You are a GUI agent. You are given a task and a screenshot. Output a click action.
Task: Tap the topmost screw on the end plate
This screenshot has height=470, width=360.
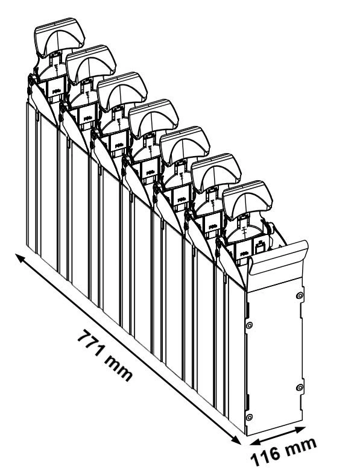click(300, 296)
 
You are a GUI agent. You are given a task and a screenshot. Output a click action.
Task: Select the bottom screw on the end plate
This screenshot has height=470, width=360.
click(249, 417)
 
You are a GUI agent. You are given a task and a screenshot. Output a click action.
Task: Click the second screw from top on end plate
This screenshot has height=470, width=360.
click(249, 325)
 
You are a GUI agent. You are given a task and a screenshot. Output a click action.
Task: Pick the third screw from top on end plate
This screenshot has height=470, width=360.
click(300, 387)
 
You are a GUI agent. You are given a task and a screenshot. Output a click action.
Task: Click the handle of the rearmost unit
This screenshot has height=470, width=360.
click(60, 37)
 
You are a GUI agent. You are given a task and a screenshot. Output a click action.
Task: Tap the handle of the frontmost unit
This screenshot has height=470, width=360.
click(247, 200)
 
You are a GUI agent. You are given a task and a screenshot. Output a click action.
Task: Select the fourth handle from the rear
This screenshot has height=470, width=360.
click(153, 118)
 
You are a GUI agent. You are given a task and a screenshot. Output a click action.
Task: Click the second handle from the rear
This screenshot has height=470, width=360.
click(91, 64)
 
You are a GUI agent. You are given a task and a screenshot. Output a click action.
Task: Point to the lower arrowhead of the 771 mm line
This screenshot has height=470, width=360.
click(236, 440)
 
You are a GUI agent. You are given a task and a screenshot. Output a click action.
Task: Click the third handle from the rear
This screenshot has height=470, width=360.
click(122, 92)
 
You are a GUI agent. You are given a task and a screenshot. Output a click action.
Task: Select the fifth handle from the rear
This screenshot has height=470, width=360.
click(185, 146)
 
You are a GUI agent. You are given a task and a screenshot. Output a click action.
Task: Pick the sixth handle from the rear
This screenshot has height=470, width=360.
click(216, 173)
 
